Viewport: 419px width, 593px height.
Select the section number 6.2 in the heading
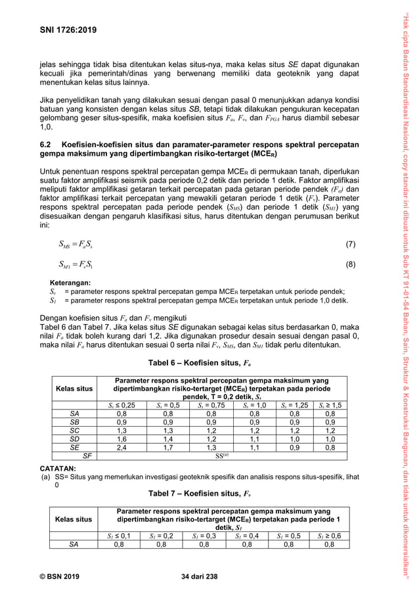pos(47,144)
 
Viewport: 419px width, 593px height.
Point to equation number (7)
pos(350,245)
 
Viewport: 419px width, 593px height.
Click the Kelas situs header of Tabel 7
pos(74,519)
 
